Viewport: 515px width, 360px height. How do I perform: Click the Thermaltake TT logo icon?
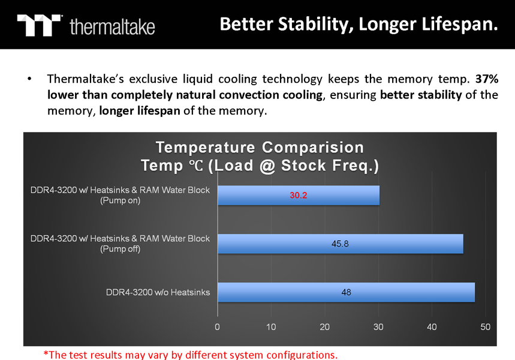click(39, 25)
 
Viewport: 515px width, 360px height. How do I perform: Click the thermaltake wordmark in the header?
click(112, 26)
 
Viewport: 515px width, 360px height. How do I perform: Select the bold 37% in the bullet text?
click(487, 79)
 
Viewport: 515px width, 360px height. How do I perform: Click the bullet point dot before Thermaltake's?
click(29, 79)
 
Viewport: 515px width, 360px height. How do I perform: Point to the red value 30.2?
click(298, 195)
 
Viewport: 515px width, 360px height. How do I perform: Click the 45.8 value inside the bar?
click(340, 244)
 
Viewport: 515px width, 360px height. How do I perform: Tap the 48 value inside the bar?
click(346, 292)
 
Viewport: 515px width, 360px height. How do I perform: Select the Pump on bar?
click(299, 195)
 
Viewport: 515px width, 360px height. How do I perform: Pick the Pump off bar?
click(341, 244)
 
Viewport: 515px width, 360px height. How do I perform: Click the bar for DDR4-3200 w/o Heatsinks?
click(346, 292)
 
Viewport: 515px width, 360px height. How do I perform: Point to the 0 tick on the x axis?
click(217, 327)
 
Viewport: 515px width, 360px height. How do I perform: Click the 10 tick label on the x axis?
click(271, 327)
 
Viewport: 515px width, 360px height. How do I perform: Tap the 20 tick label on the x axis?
click(324, 327)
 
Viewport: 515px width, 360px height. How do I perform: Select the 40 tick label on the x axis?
click(432, 327)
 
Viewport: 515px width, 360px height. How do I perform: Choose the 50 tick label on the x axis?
click(485, 327)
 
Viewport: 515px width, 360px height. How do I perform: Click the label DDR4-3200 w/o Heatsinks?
click(158, 292)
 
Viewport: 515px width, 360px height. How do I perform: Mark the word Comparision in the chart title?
click(313, 148)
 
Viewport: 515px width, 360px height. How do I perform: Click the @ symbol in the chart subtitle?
click(267, 166)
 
